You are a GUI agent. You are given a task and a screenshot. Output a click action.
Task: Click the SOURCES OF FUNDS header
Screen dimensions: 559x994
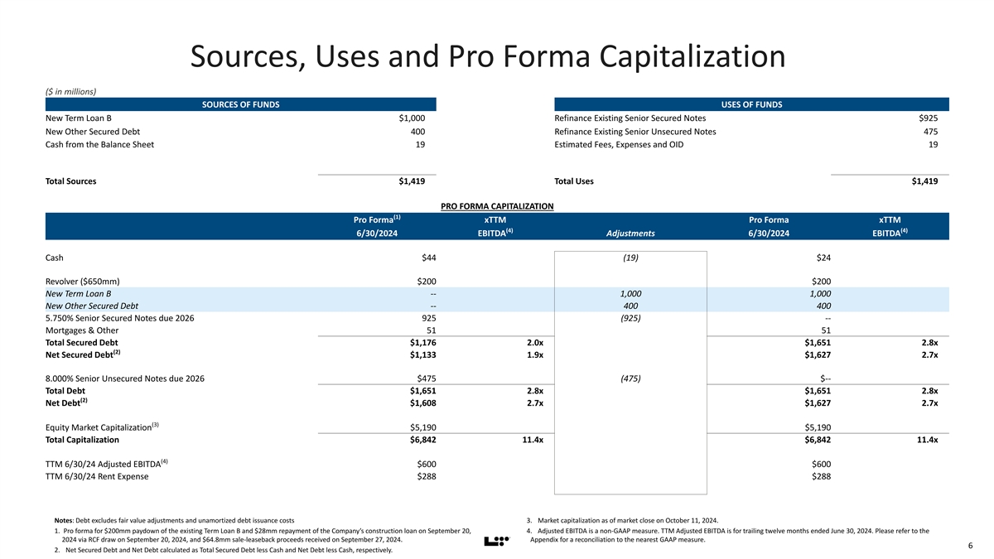(x=240, y=104)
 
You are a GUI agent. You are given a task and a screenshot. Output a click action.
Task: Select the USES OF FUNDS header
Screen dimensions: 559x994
(x=751, y=104)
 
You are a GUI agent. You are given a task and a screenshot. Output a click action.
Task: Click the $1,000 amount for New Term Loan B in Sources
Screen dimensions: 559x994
(x=412, y=118)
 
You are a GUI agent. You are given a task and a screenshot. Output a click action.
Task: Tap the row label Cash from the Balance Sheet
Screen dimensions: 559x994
(x=99, y=145)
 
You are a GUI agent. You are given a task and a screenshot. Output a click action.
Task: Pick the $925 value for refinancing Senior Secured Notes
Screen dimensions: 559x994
(x=927, y=118)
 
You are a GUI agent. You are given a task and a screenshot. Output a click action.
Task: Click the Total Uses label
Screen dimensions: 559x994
(x=573, y=181)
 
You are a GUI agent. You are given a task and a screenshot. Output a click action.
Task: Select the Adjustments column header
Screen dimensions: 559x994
(x=630, y=233)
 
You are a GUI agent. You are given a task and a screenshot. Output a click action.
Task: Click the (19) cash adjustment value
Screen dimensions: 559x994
(x=630, y=258)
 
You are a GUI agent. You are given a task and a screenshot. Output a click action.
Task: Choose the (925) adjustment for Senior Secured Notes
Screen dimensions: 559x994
(x=630, y=319)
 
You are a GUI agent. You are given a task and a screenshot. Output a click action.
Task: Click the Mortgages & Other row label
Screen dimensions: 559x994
(x=76, y=332)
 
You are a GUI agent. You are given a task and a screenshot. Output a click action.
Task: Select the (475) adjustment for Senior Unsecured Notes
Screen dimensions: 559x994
(x=630, y=379)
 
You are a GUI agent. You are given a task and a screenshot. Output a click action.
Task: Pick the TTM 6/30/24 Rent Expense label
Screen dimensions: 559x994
(x=97, y=476)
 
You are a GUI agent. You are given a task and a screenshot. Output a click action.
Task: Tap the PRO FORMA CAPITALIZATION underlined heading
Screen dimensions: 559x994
(x=497, y=206)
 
